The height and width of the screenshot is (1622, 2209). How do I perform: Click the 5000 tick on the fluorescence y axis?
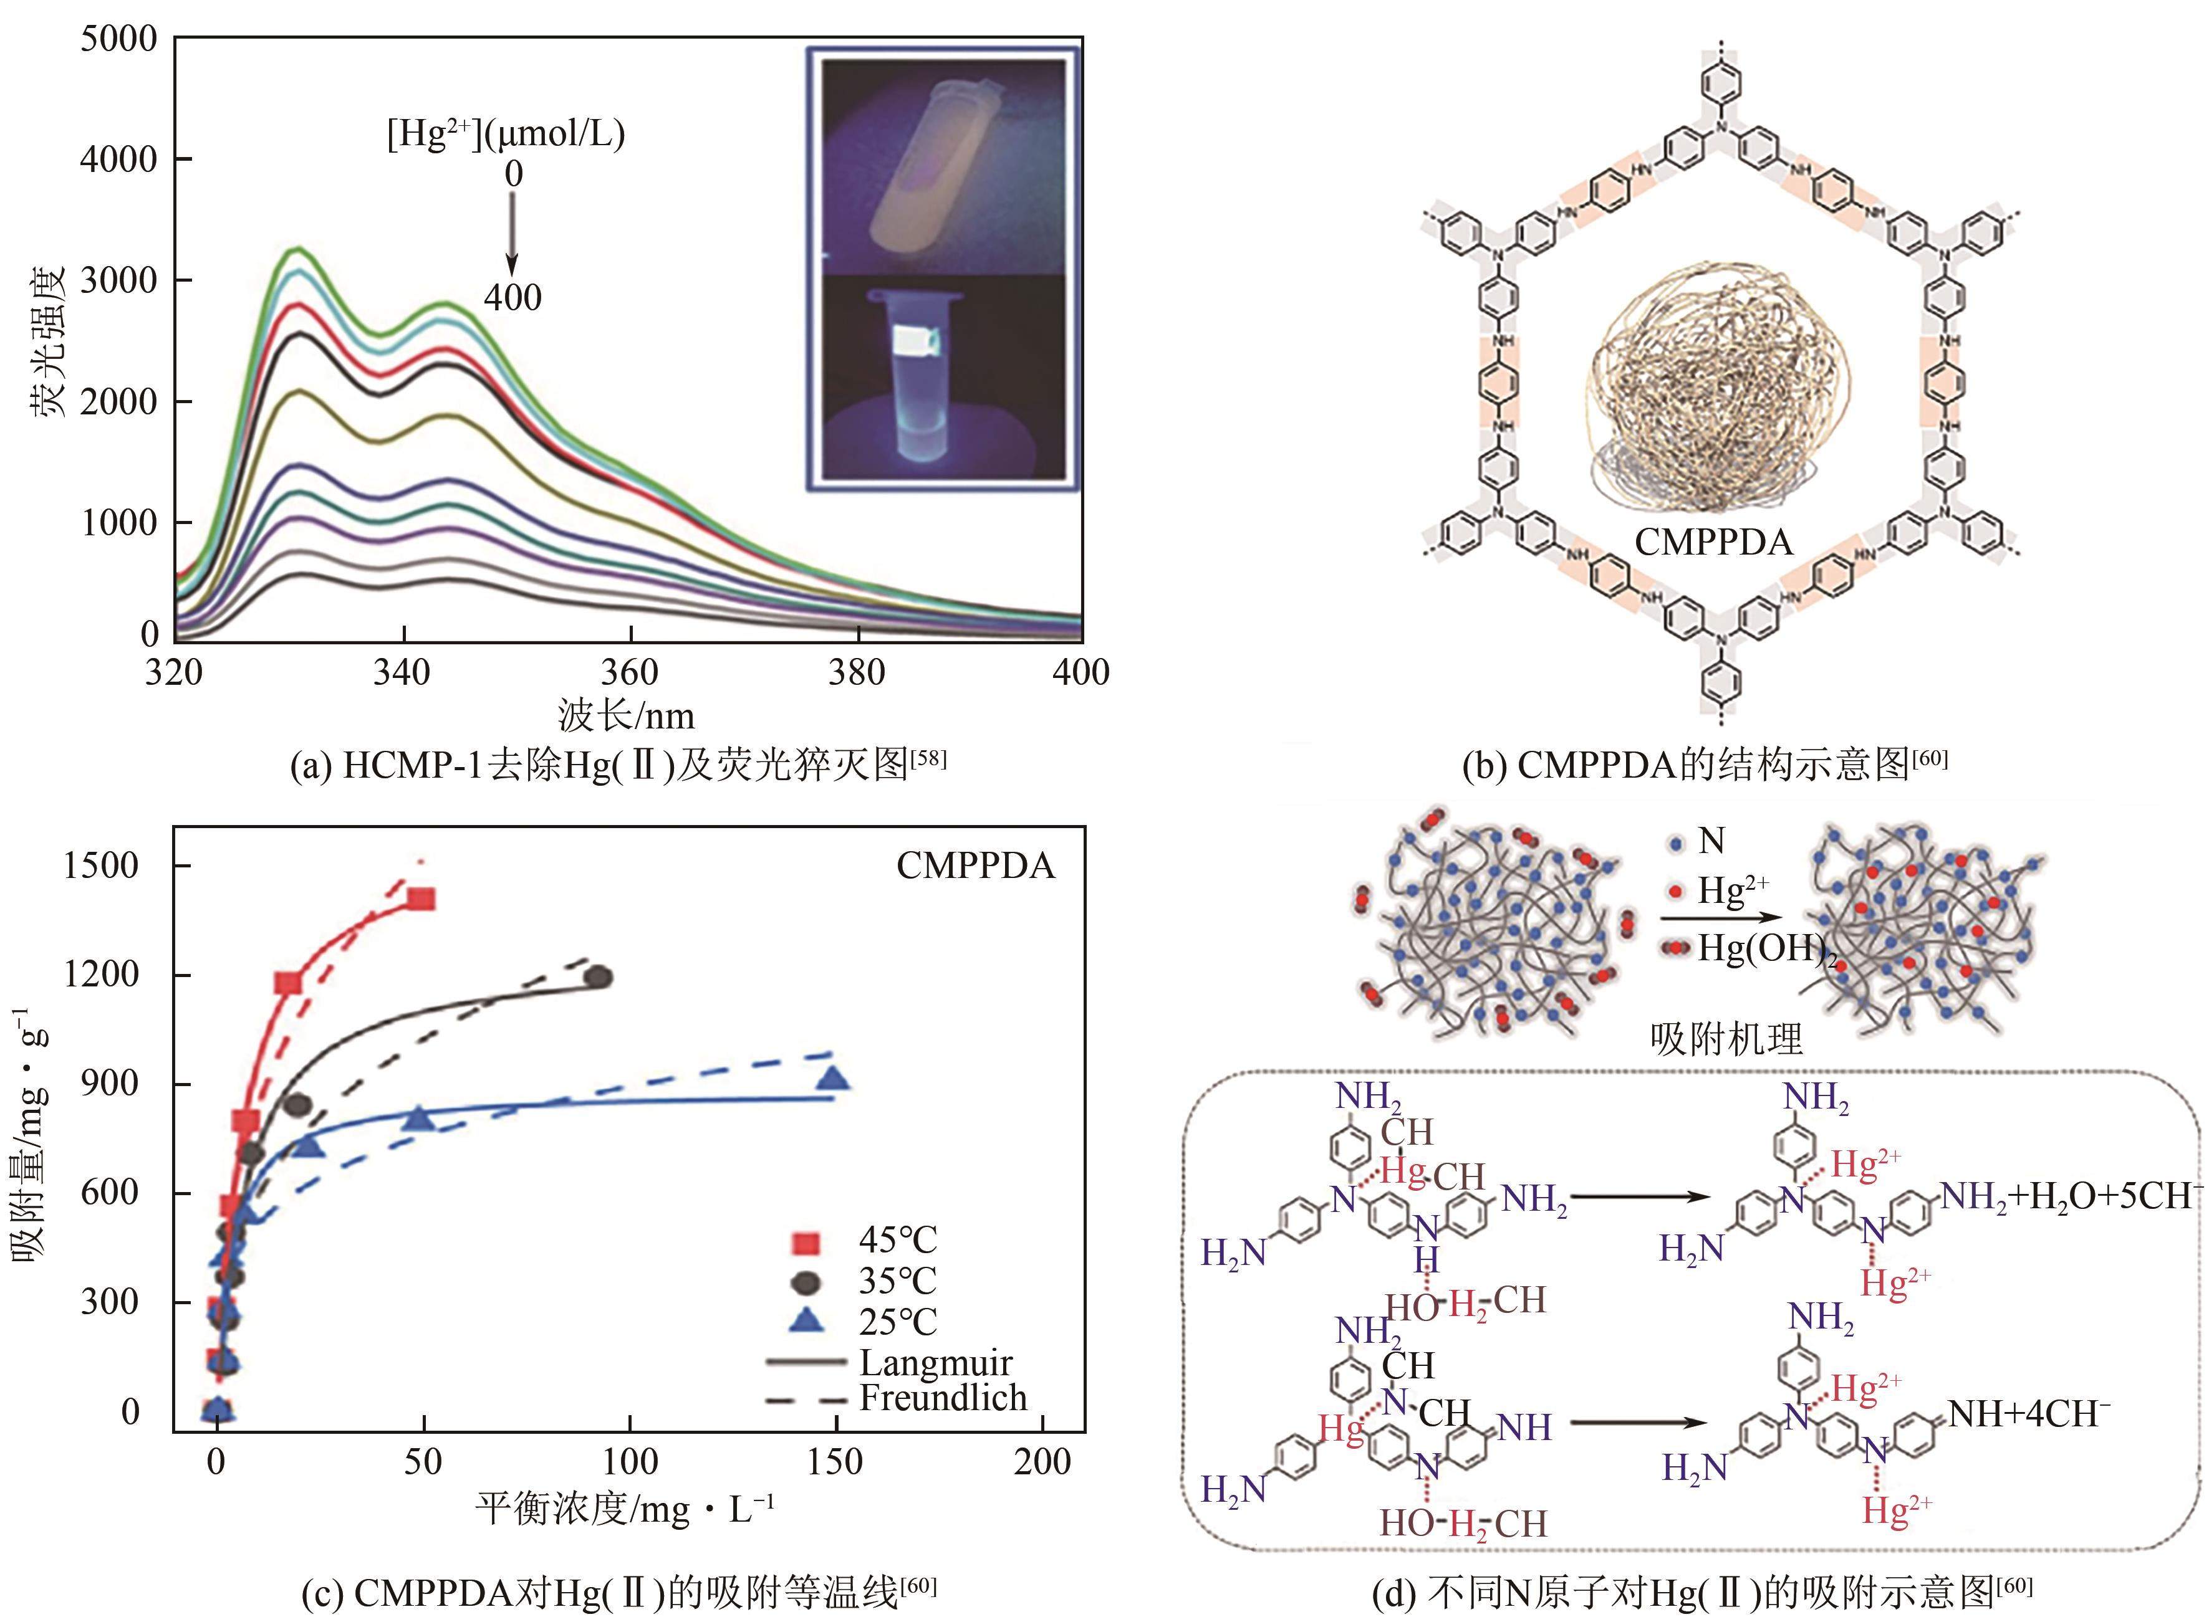pos(118,39)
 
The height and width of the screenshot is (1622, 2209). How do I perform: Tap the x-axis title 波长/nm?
pos(626,716)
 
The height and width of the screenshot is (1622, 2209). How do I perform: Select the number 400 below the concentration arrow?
pos(512,297)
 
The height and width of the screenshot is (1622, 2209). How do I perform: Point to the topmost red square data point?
pos(421,899)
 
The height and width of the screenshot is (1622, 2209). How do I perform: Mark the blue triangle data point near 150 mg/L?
pos(834,1080)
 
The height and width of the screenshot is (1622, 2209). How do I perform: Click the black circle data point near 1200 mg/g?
pos(598,977)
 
